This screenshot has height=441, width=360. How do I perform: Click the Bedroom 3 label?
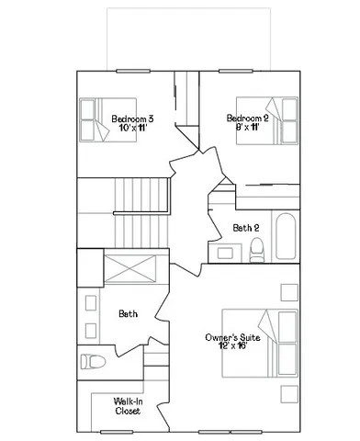[x=132, y=119]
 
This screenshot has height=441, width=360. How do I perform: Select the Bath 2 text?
[x=246, y=227]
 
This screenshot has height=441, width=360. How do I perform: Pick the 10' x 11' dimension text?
[x=132, y=129]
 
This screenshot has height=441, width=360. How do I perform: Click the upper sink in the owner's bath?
[x=90, y=302]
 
